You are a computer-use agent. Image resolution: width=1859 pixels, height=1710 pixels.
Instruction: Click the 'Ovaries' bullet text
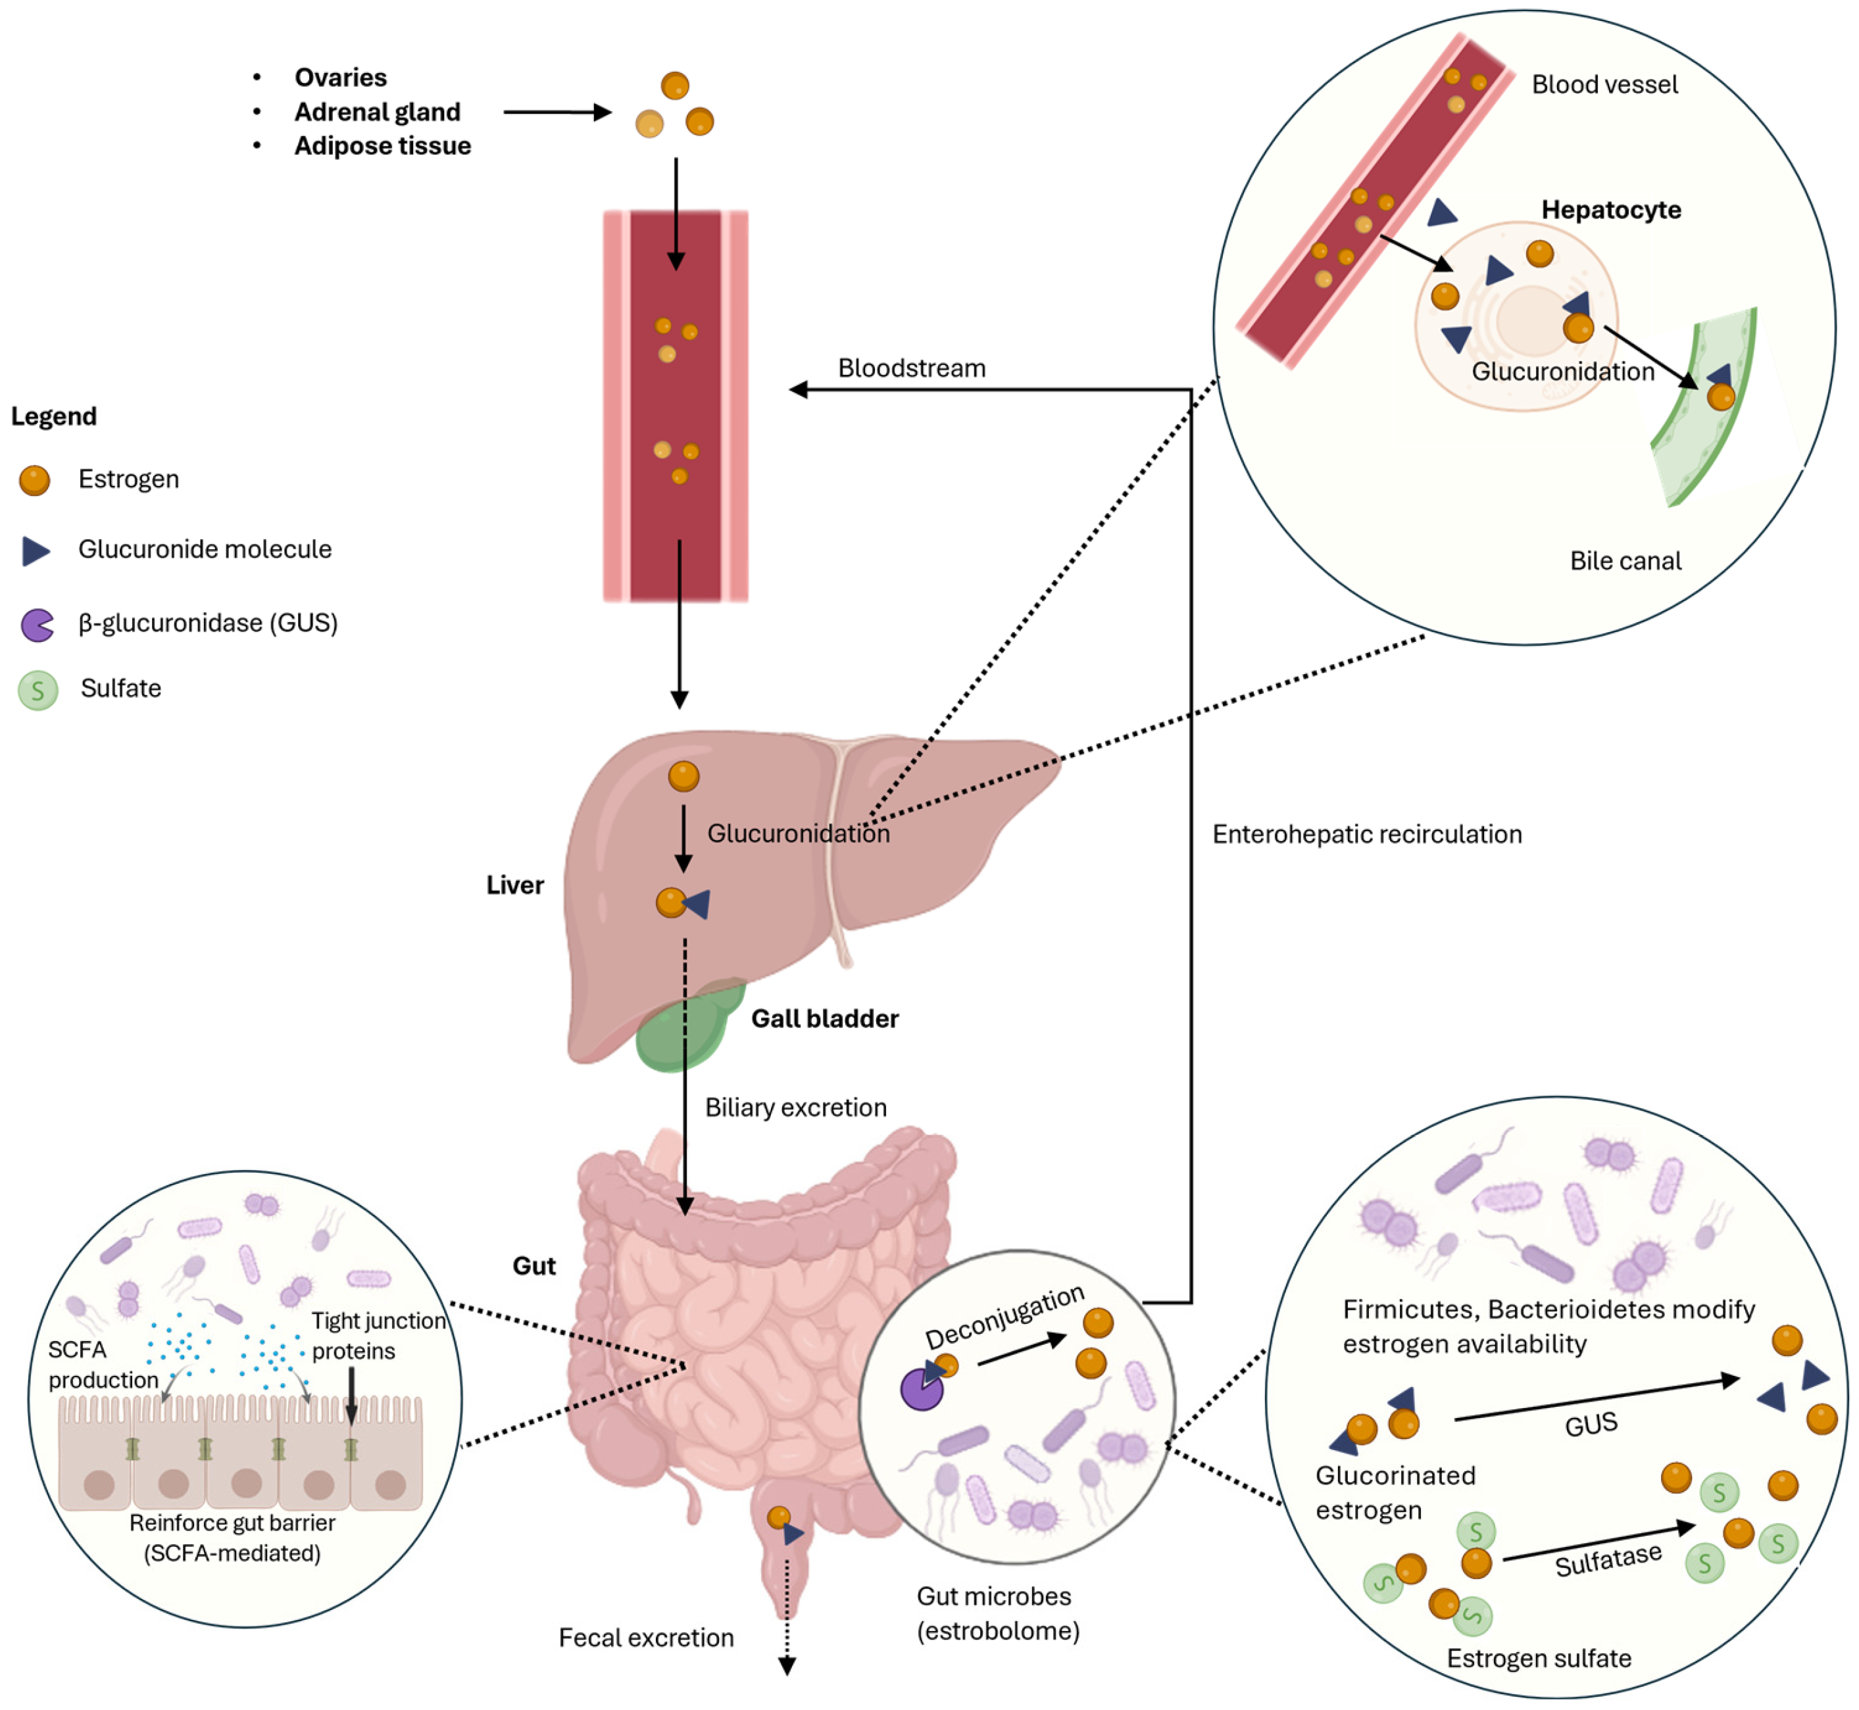pyautogui.click(x=341, y=78)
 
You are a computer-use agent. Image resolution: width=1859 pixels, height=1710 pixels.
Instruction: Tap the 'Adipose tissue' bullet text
pyautogui.click(x=382, y=146)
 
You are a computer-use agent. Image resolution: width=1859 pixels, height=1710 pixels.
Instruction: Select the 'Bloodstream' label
pyautogui.click(x=912, y=368)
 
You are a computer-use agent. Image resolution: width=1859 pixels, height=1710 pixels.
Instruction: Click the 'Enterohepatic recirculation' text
pyautogui.click(x=1367, y=835)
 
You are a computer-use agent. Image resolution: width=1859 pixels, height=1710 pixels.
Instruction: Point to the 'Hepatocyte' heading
pyautogui.click(x=1611, y=210)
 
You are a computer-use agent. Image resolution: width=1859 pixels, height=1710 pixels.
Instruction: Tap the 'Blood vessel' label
pyautogui.click(x=1604, y=85)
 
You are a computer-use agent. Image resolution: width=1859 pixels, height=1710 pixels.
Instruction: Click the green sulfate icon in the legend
pyautogui.click(x=38, y=691)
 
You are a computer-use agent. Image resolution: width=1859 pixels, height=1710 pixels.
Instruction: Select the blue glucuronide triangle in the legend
pyautogui.click(x=36, y=552)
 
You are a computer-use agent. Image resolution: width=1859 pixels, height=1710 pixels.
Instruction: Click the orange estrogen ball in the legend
pyautogui.click(x=35, y=480)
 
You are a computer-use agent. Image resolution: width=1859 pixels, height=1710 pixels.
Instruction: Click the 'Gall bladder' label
pyautogui.click(x=824, y=1019)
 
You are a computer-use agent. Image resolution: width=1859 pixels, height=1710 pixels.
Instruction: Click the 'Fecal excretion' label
pyautogui.click(x=646, y=1638)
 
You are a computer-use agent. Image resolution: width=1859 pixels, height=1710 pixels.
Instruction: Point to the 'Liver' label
pyautogui.click(x=514, y=885)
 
